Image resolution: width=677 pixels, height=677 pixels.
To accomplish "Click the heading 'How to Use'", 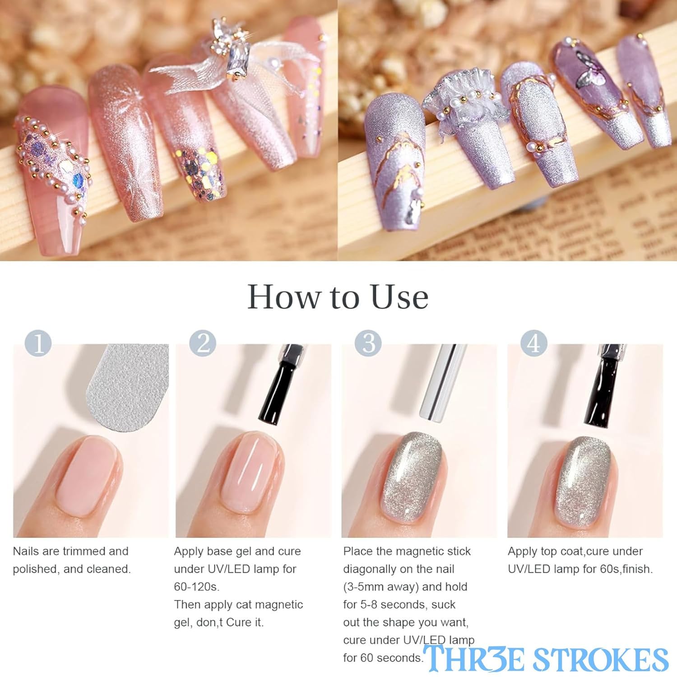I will tap(338, 297).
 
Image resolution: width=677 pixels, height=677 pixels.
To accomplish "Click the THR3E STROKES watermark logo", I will tap(546, 658).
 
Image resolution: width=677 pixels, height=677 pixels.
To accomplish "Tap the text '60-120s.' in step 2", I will tap(196, 587).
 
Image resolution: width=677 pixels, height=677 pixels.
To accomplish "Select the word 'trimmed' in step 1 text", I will tap(83, 552).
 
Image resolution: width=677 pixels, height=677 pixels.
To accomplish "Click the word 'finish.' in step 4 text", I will tap(637, 569).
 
